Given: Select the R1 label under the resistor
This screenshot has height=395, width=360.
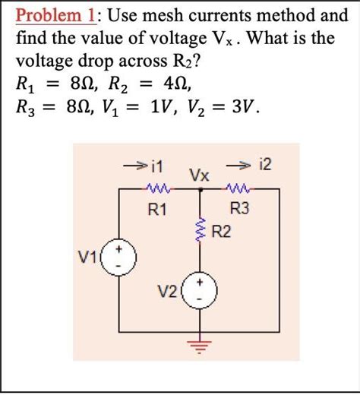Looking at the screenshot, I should click(x=159, y=210).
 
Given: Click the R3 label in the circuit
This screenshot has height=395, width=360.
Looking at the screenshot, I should click(x=238, y=210).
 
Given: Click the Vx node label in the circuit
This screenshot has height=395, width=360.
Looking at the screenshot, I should click(x=200, y=175).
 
